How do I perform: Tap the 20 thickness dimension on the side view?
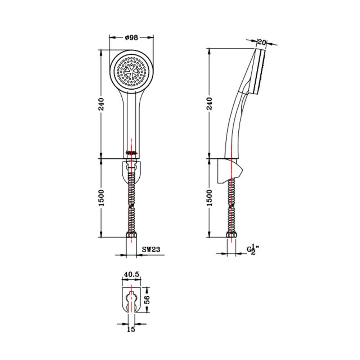[262, 42]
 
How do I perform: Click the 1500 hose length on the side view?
[210, 198]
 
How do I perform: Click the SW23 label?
[151, 249]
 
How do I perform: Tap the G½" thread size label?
[253, 249]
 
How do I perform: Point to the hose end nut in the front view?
[132, 236]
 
